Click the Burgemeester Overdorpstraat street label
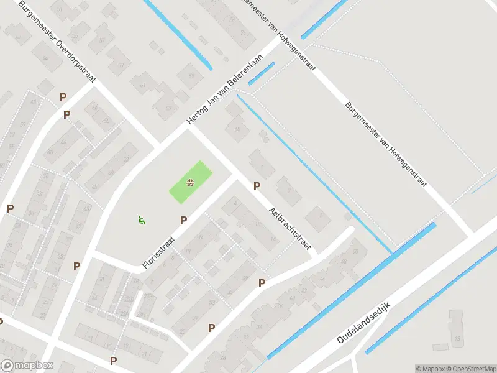(x=59, y=39)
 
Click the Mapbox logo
(x=27, y=366)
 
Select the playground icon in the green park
(x=191, y=182)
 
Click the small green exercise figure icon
(x=142, y=219)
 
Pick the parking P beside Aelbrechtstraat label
(x=257, y=186)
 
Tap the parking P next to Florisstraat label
(x=183, y=220)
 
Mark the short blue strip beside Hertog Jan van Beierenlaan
(x=261, y=73)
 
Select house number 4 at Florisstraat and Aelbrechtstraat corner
(x=235, y=201)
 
